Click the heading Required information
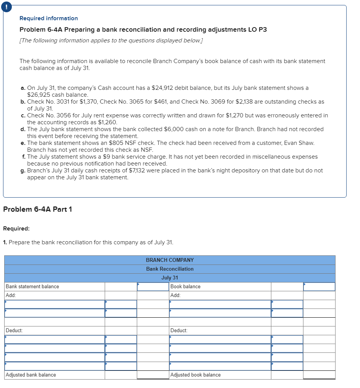(49, 18)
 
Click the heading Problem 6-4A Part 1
(37, 209)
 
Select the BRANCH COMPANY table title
(170, 260)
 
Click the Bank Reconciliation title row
(170, 269)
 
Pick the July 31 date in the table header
(170, 278)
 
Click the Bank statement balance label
(32, 286)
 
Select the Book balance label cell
(185, 286)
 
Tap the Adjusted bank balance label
(31, 375)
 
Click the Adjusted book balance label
(196, 375)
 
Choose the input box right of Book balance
(319, 286)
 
